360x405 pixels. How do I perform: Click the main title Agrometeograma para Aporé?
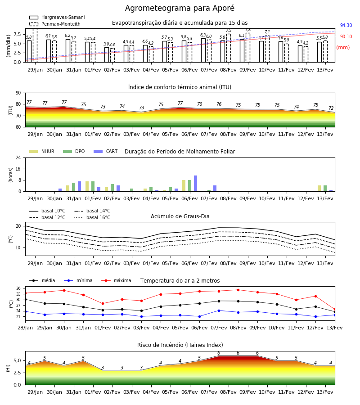coord(180,8)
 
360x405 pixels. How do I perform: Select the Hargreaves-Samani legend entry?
coord(57,17)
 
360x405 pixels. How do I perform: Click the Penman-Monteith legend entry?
coord(55,24)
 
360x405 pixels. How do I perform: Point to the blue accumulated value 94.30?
coord(346,25)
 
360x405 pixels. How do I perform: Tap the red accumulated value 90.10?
coord(346,37)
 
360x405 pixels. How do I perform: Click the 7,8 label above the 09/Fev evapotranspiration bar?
coord(248,30)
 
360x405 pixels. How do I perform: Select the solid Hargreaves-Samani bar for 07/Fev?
coord(203,50)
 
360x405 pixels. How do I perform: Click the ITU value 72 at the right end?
coord(331,108)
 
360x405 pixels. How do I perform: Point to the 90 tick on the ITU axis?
coord(18,93)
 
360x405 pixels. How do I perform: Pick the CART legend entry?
coord(106,151)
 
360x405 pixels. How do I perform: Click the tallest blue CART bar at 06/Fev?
coord(195,184)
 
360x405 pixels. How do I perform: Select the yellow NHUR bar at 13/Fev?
coord(319,189)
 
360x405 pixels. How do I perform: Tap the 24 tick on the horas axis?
coord(18,157)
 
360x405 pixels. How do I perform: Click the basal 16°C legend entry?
coord(92,217)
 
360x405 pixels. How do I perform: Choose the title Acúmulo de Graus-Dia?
coord(180,216)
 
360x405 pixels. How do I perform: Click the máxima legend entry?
coord(116,280)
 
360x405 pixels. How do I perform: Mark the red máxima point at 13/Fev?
coord(335,310)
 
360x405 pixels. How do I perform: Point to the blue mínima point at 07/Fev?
coord(219,310)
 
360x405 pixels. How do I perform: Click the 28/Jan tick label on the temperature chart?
coord(25,328)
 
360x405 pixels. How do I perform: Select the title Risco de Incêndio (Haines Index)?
coord(180,345)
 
